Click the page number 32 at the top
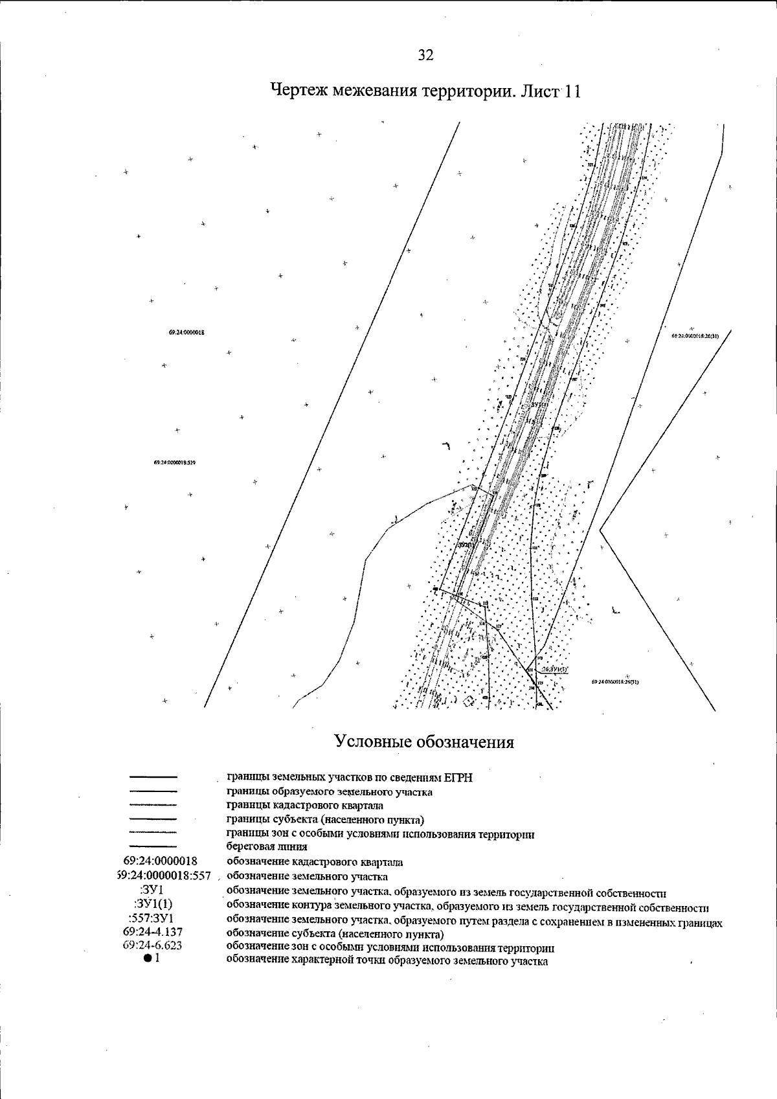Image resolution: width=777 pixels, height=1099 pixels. coord(425,56)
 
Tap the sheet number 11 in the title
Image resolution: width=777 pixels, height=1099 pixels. coord(572,91)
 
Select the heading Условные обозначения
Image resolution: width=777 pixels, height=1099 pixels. coord(424,742)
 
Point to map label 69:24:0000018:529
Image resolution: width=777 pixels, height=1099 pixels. coord(175,463)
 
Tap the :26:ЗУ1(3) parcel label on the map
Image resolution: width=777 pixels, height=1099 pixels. coord(554,669)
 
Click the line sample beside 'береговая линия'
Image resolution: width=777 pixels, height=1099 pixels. coord(153,846)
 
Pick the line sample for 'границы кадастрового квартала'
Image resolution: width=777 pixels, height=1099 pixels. coord(153,805)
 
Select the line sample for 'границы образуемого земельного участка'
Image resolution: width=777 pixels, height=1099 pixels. coord(153,791)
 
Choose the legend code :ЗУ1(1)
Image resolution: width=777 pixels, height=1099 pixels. coord(153,904)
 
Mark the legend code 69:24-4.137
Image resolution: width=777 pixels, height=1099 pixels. coord(153,932)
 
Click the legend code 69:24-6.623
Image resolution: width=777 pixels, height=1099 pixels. coord(153,946)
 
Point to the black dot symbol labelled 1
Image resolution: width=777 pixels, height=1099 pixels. coord(148,959)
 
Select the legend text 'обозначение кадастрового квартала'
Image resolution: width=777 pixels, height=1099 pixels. coord(314,862)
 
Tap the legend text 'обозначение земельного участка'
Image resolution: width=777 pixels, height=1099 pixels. coord(307,877)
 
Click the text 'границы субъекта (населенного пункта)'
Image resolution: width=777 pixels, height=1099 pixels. coord(325,820)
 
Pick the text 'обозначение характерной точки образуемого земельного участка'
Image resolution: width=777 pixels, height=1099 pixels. coord(387,961)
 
